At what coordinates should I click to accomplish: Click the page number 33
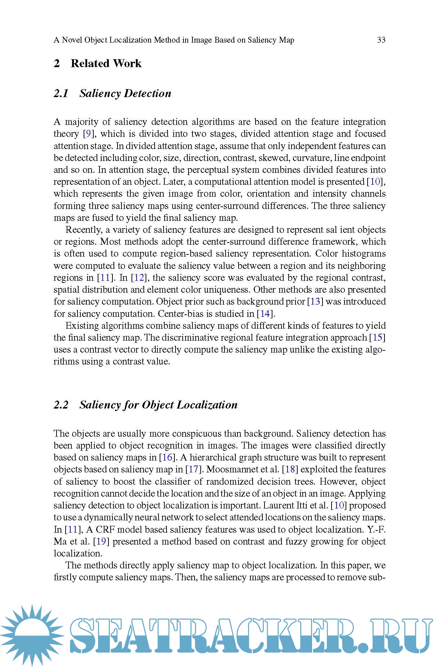pos(381,40)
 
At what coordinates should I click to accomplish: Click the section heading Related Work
pos(106,64)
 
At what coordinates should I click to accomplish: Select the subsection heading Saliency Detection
pos(125,93)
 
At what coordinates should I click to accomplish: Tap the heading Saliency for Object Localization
pos(158,405)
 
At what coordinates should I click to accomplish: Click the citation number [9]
pos(88,134)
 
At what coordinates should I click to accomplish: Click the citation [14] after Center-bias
pos(265,314)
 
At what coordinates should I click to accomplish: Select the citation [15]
pos(377,338)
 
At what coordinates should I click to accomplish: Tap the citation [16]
pos(167,458)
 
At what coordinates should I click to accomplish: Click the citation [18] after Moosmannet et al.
pos(290,470)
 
